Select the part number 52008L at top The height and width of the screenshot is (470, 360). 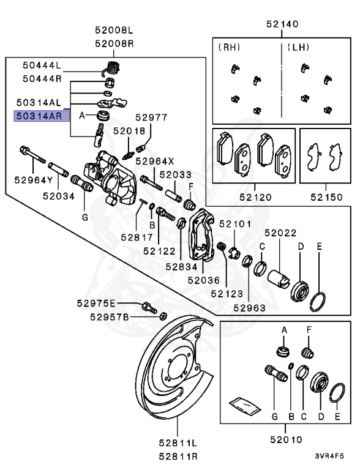[113, 29]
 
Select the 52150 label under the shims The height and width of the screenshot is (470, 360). [325, 198]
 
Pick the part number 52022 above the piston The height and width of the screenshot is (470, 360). [280, 233]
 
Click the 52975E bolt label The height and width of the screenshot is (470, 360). [96, 304]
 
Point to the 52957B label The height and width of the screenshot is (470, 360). [109, 316]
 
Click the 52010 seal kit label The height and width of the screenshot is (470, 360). [285, 439]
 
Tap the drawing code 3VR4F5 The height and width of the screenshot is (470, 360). [330, 456]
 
